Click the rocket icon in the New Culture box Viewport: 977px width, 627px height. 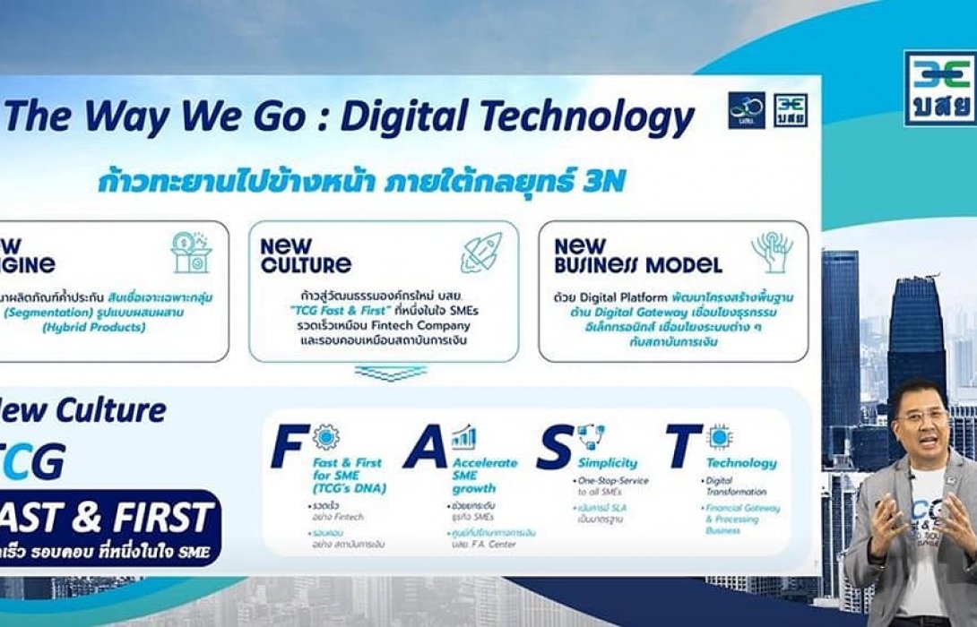481,252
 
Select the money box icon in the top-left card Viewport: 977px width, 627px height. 190,252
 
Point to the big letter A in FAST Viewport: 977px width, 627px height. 425,448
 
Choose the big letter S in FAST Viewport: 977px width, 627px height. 553,448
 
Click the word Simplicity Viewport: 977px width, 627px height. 607,463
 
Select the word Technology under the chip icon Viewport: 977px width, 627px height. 741,463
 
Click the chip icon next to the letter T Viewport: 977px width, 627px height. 719,437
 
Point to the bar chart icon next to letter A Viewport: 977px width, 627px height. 463,438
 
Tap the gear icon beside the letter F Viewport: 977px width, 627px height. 325,437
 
